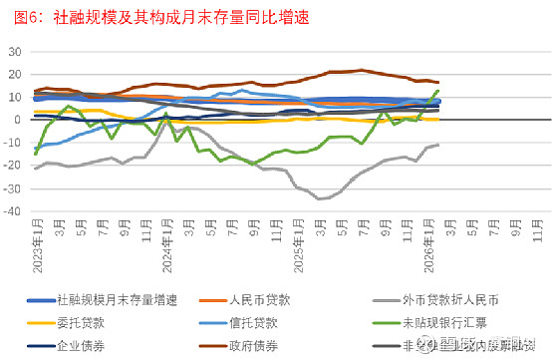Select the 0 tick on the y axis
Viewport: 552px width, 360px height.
[x=17, y=120]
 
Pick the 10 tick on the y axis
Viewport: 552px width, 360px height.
[x=13, y=97]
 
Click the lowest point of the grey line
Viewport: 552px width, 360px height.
[x=321, y=199]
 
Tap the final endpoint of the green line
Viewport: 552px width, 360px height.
[x=438, y=91]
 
